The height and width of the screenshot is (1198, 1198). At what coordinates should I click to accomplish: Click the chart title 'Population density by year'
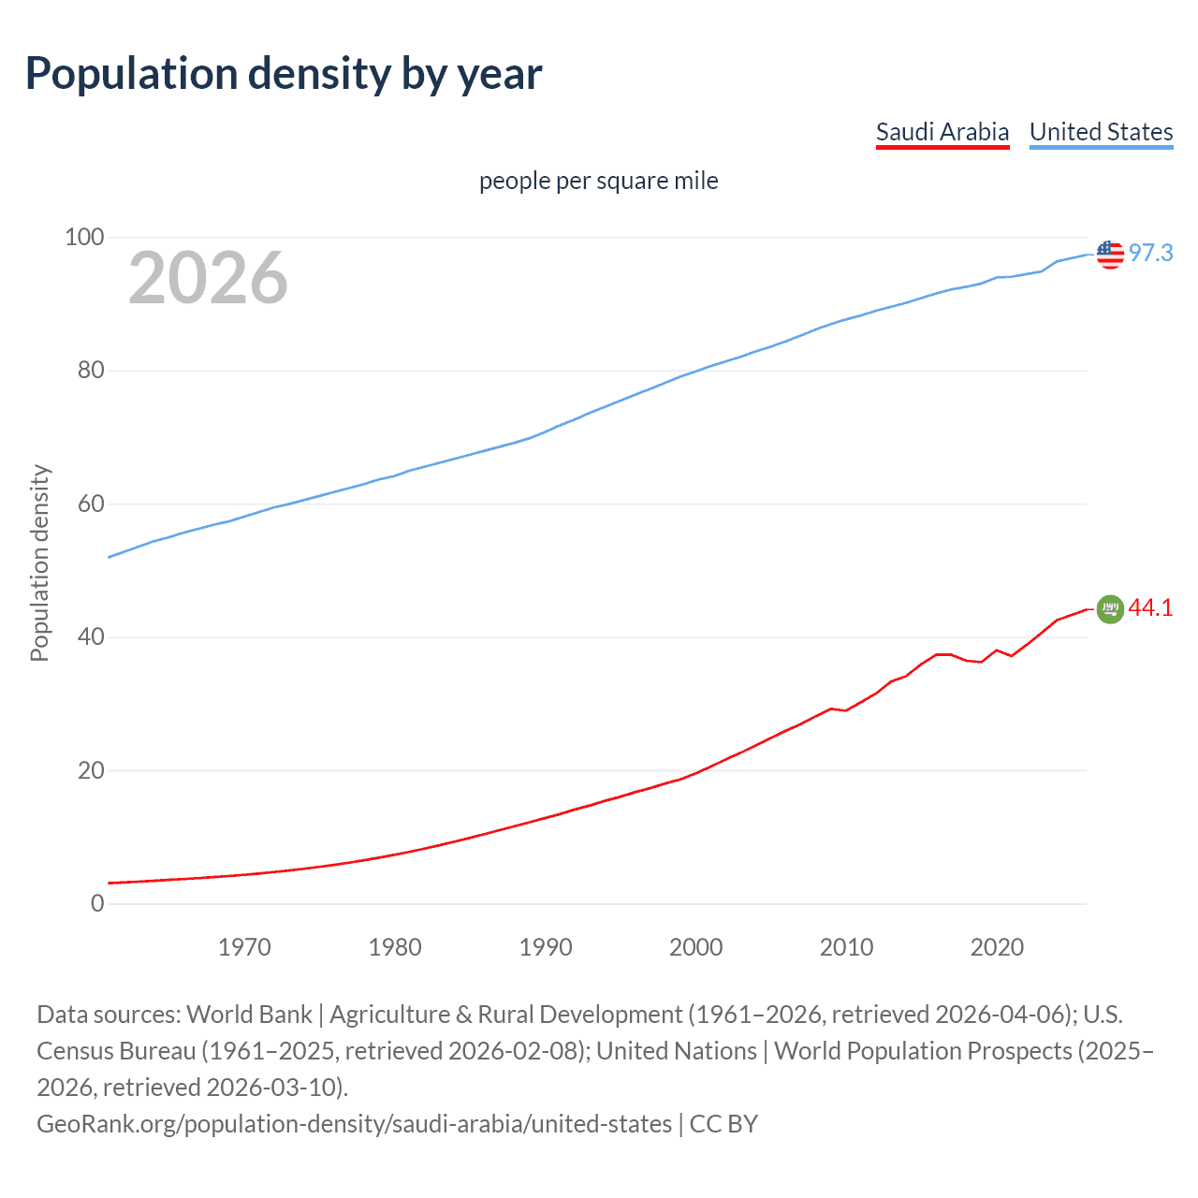284,74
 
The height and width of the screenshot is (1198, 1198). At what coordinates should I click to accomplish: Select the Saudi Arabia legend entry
942,132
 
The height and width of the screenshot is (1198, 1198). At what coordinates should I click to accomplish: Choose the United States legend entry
1101,132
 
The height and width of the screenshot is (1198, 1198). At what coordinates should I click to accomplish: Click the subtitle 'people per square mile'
598,181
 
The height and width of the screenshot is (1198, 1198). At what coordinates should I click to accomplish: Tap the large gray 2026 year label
208,278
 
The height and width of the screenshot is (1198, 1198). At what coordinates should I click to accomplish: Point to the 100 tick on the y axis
83,237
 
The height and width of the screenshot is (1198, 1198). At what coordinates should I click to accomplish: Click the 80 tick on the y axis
91,371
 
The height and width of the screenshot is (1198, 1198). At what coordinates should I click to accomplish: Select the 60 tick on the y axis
91,504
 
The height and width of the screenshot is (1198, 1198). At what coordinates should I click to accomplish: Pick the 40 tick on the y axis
91,637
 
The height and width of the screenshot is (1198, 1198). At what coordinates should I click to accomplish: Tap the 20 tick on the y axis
91,771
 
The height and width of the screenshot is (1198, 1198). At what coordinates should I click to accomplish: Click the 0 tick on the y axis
97,904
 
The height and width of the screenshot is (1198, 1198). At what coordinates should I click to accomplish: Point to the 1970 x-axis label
244,947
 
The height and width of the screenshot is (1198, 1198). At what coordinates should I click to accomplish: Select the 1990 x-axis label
546,947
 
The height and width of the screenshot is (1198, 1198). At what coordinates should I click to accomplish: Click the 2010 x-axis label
846,947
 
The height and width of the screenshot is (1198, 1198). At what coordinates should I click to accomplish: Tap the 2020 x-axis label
997,947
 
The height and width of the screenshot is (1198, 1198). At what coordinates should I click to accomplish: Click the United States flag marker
1110,254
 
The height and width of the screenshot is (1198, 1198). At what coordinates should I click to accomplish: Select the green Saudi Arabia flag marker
1110,608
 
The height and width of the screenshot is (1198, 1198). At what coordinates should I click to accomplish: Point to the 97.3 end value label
1150,254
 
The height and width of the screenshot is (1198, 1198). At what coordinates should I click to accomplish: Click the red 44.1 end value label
1150,608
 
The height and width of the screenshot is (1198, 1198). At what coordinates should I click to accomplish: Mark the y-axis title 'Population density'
39,563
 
